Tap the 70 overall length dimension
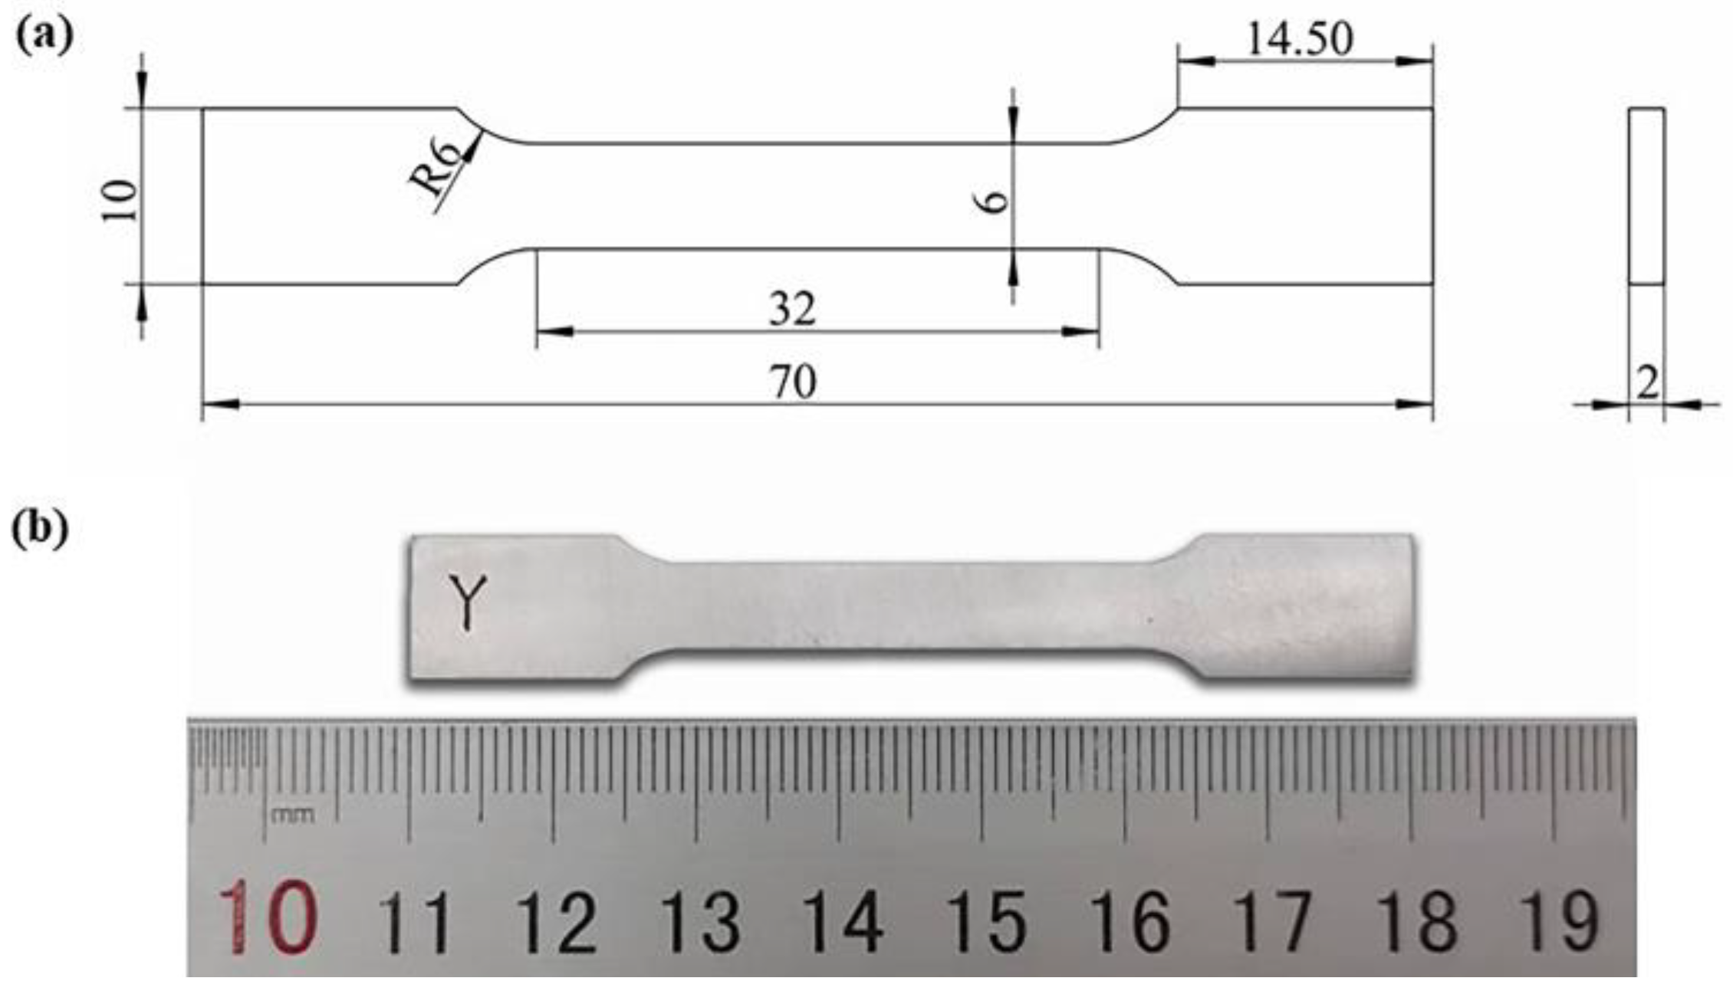[793, 382]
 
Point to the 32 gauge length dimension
[793, 310]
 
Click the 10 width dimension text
[120, 201]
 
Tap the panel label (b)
[40, 528]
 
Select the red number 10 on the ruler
[267, 917]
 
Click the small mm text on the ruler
[292, 814]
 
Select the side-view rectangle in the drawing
[1646, 196]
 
